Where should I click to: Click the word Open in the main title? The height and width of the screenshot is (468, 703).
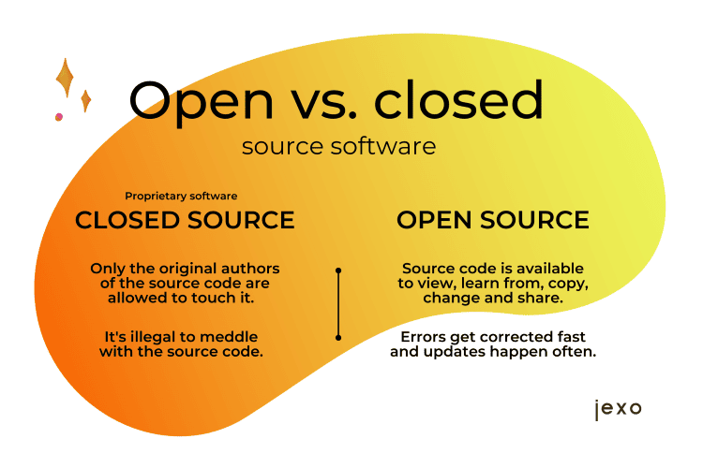(202, 103)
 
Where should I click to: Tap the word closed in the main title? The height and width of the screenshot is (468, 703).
(458, 99)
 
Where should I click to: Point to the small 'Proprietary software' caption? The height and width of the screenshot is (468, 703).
(181, 196)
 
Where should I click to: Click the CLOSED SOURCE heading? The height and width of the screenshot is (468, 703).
(185, 220)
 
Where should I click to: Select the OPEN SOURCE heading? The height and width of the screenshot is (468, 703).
(493, 220)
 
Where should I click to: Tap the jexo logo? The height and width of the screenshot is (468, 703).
(619, 409)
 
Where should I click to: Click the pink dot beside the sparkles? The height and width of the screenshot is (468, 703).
(59, 117)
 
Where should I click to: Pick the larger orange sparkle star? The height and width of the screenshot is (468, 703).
(66, 78)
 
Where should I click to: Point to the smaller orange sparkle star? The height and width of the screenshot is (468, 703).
(85, 101)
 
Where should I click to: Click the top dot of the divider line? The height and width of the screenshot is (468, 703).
(338, 271)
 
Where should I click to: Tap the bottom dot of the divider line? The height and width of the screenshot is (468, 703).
(338, 337)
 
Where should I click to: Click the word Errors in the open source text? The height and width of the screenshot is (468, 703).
(424, 337)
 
